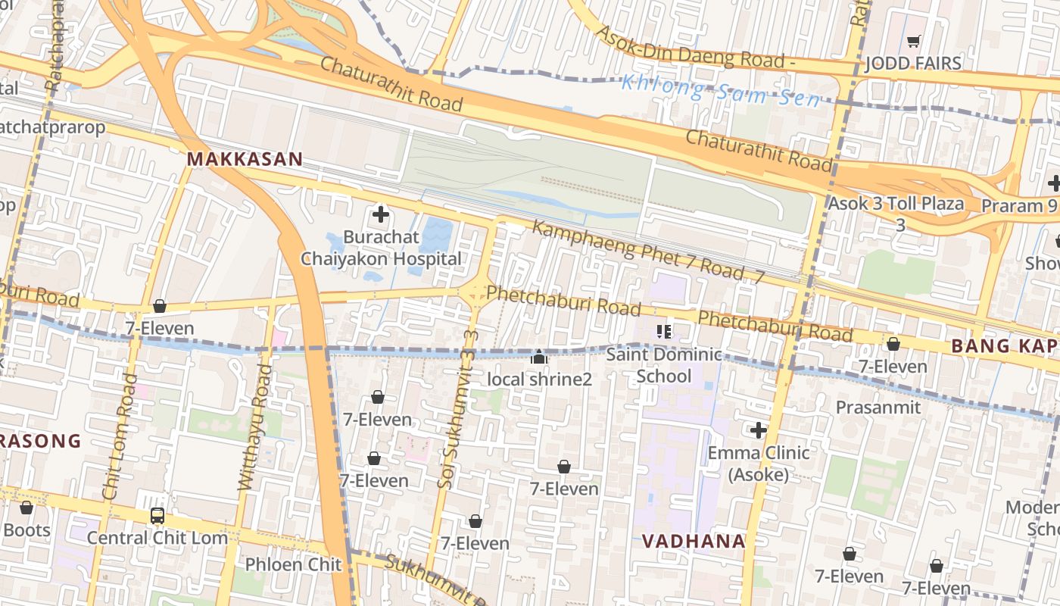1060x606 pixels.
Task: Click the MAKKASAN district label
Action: [245, 160]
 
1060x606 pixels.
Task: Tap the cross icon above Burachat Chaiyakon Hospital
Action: [381, 214]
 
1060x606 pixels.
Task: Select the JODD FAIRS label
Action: [913, 63]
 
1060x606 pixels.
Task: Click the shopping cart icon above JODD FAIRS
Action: [913, 41]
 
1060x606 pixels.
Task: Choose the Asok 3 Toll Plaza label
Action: [896, 204]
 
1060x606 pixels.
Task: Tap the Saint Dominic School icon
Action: [664, 331]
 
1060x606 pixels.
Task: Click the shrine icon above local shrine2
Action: [539, 357]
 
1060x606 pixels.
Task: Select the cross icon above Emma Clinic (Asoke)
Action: [759, 430]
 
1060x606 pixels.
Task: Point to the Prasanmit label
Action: [878, 408]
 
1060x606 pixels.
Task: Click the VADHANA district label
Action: [694, 542]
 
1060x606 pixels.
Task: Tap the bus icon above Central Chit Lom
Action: [157, 516]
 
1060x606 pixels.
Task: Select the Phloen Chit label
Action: [293, 564]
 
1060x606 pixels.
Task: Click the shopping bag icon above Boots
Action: [26, 508]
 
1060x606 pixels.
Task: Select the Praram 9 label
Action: [1019, 205]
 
